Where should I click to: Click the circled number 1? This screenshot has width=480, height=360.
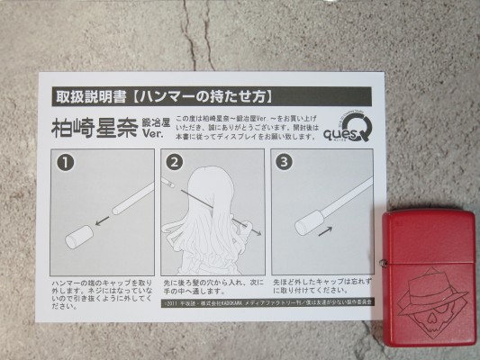point(63,164)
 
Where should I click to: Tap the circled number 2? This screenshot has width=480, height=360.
point(175,164)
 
